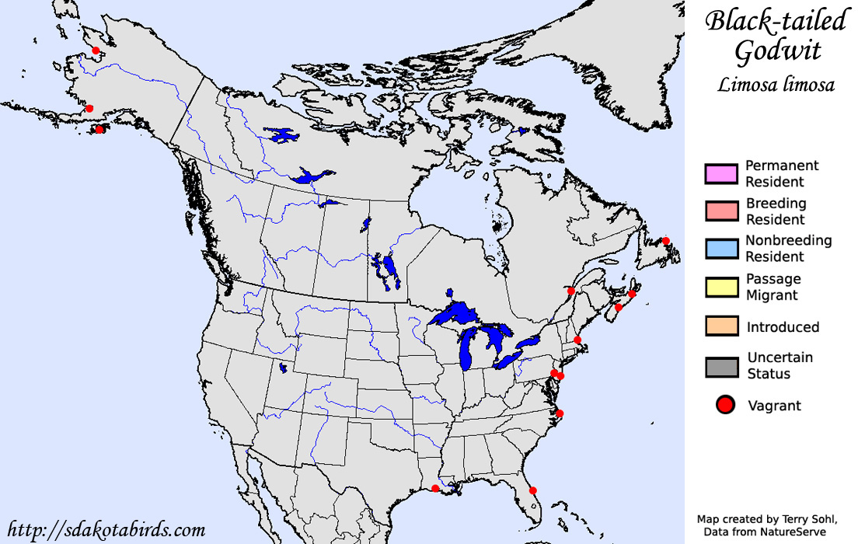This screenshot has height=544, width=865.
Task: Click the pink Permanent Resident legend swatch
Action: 720,173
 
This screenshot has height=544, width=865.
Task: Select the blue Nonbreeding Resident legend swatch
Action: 720,249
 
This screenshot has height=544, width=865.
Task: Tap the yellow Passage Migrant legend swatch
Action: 720,287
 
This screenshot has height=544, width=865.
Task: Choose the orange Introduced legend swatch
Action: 720,326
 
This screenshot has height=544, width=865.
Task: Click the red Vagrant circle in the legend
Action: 725,405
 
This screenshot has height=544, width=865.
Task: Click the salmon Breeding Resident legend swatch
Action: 720,211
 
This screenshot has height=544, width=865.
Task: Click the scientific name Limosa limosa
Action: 775,85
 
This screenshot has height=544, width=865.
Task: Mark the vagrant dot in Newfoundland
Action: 666,241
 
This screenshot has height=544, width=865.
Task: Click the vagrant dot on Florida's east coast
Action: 532,490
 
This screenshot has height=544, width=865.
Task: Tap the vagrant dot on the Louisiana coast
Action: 435,488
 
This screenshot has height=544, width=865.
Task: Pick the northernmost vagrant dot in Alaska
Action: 96,51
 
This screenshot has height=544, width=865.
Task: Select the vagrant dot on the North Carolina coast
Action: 559,413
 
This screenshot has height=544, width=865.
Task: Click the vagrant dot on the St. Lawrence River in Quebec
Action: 571,291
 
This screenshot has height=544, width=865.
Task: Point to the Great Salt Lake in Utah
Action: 283,368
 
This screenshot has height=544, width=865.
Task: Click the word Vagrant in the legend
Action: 774,405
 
